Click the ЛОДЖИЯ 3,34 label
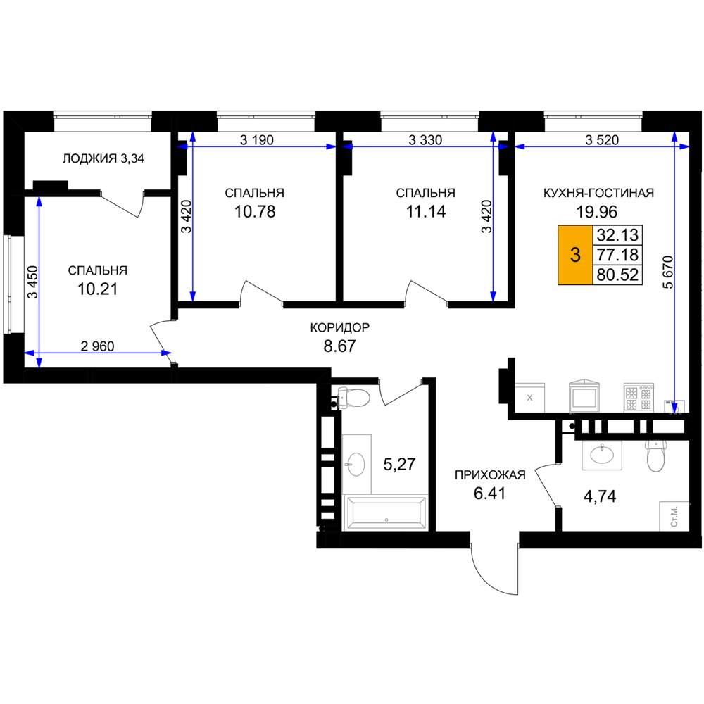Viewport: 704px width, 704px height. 103,158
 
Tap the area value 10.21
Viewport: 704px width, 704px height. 97,289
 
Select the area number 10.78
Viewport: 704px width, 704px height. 255,211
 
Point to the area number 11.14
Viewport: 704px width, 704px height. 426,211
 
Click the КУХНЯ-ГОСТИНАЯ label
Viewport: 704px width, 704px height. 598,193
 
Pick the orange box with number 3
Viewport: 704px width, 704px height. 575,255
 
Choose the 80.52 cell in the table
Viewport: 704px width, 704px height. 617,275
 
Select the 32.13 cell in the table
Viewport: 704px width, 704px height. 617,235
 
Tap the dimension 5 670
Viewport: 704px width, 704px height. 668,272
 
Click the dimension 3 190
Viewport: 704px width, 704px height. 257,140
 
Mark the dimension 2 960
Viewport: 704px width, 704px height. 97,346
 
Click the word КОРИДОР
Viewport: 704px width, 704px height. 340,327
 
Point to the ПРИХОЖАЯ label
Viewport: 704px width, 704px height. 490,475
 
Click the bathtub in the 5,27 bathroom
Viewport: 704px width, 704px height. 386,513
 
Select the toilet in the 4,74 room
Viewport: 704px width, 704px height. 656,455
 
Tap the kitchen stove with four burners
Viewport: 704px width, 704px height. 639,397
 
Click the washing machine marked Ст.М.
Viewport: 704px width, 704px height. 674,516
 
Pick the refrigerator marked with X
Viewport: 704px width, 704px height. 530,397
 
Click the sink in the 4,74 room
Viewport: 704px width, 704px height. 602,455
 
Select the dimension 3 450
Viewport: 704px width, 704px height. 33,282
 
